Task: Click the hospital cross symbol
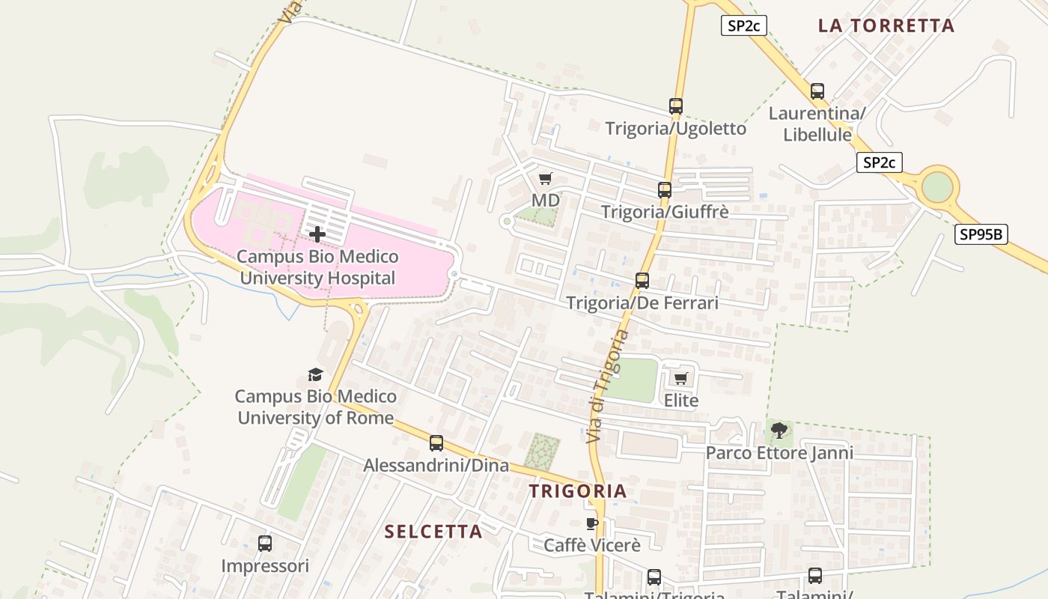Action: tap(317, 234)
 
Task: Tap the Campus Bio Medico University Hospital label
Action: tap(317, 267)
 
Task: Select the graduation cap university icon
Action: tap(315, 374)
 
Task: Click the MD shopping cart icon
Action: tap(546, 178)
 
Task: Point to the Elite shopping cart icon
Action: tap(680, 379)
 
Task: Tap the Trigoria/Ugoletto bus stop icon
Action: tap(676, 106)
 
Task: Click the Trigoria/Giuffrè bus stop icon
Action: tap(665, 190)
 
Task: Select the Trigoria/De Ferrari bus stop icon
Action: tap(642, 281)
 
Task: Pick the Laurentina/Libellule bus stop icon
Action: tap(817, 91)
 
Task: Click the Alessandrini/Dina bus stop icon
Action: tap(436, 443)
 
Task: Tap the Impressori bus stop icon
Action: tap(265, 544)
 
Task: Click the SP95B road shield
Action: tap(981, 234)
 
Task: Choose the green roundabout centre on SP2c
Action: tap(936, 187)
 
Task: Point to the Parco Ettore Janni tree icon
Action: tap(779, 431)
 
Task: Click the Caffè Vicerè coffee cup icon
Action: tap(592, 523)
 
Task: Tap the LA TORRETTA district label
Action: tap(886, 25)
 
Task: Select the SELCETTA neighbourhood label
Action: tap(433, 532)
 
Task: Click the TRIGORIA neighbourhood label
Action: tap(577, 491)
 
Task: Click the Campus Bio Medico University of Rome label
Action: tap(316, 407)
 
